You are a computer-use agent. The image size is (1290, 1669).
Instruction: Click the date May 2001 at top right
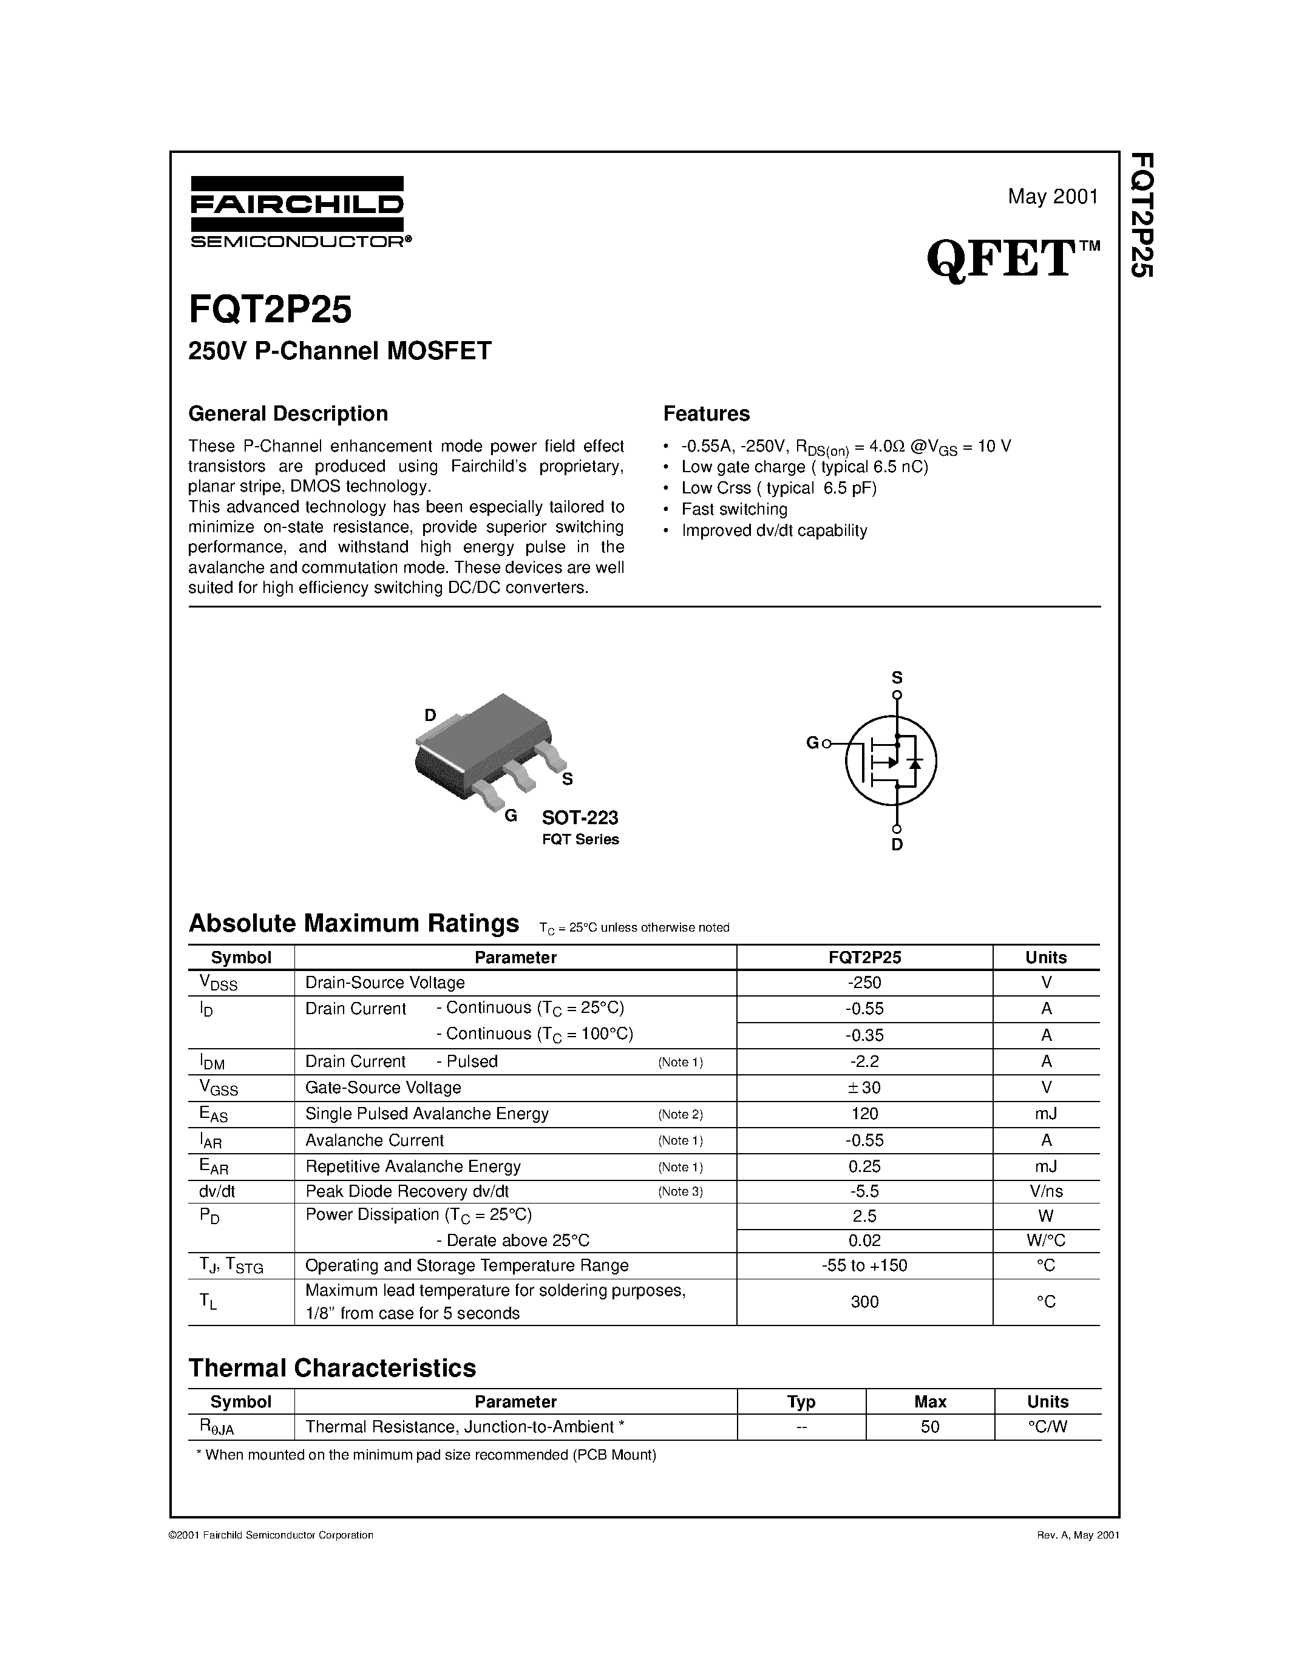pos(1052,197)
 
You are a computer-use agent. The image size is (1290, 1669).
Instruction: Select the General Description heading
pos(288,413)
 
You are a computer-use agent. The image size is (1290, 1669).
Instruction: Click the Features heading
pos(706,413)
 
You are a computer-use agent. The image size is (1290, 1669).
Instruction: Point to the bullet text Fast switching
pos(734,509)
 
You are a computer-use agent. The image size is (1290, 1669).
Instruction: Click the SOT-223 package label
pos(579,818)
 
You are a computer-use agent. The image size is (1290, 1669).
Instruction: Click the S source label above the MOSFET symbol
pos(897,677)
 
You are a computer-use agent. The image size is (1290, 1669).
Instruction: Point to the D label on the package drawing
pos(430,716)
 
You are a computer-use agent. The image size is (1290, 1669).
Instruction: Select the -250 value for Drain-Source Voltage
pos(864,983)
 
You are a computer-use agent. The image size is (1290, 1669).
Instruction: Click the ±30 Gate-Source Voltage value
pos(864,1087)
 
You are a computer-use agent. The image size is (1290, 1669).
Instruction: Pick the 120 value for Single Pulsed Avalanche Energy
pos(864,1114)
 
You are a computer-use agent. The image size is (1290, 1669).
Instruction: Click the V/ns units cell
pos(1045,1191)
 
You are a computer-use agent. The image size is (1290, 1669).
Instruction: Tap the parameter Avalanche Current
pos(375,1140)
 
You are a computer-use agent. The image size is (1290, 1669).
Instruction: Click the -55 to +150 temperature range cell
pos(864,1265)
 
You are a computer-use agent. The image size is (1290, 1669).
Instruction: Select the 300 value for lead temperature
pos(864,1301)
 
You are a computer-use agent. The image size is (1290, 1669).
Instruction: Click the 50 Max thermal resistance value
pos(929,1427)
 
